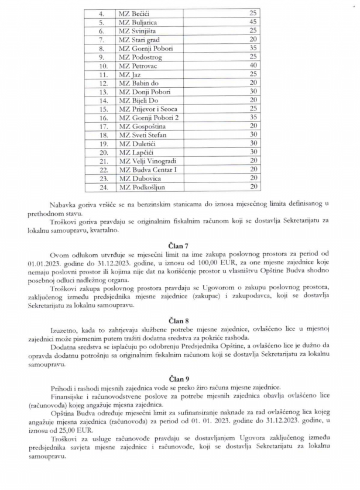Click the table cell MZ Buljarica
coord(138,22)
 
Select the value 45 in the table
coord(253,22)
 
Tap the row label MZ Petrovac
coord(138,66)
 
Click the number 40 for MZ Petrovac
coord(253,66)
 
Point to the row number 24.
coord(103,187)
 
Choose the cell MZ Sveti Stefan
coord(142,135)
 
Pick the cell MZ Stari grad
coord(139,40)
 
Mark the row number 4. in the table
coord(101,14)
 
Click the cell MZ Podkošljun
coord(142,187)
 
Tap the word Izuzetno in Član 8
coord(62,329)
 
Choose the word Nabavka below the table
coord(62,204)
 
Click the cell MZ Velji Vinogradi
coord(147,161)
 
